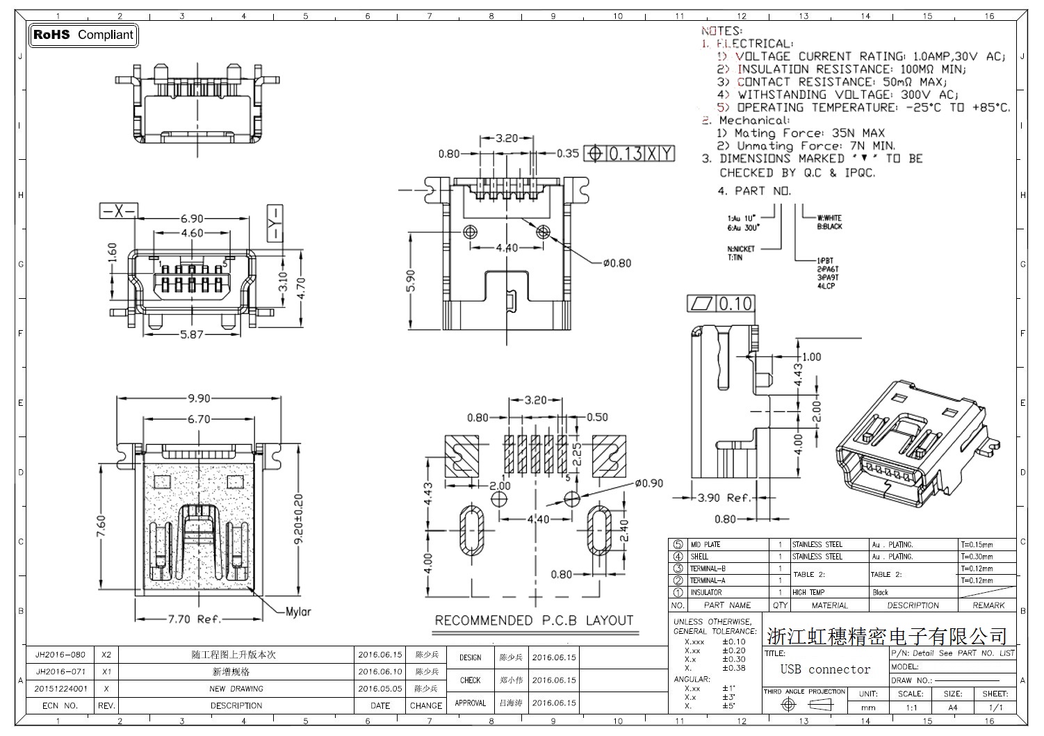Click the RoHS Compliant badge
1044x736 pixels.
tap(83, 35)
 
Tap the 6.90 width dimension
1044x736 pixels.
tap(192, 219)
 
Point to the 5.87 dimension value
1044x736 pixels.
tap(192, 334)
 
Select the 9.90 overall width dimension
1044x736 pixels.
tap(199, 399)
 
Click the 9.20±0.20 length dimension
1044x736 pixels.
tap(299, 518)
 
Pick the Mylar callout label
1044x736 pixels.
tap(298, 612)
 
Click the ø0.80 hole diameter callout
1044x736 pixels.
tap(617, 263)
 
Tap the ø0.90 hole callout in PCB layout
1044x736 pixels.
tap(649, 484)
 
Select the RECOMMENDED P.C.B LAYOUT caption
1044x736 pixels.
tap(534, 621)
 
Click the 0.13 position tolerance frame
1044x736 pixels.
tap(629, 154)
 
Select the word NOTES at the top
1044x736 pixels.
tap(721, 31)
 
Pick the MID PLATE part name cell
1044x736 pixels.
tap(705, 545)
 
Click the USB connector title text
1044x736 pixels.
tap(825, 669)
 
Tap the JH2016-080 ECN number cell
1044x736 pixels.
tap(60, 655)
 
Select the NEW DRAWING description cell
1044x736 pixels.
tap(236, 689)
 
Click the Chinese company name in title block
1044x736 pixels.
tap(887, 635)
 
